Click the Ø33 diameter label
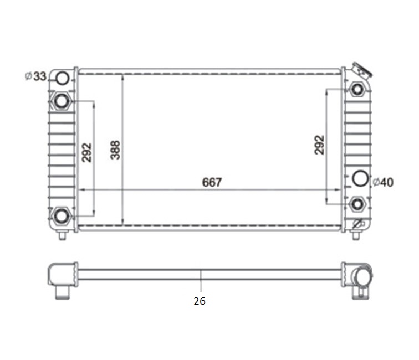coord(35,76)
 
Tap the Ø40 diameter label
coord(383,182)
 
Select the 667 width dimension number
coord(212,182)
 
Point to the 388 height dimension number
coord(115,150)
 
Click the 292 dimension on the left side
coord(86,152)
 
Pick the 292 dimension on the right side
coord(319,145)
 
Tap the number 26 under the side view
coord(200,301)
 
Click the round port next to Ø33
coord(63,78)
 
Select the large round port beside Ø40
coord(360,178)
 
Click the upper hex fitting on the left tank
coord(62,101)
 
